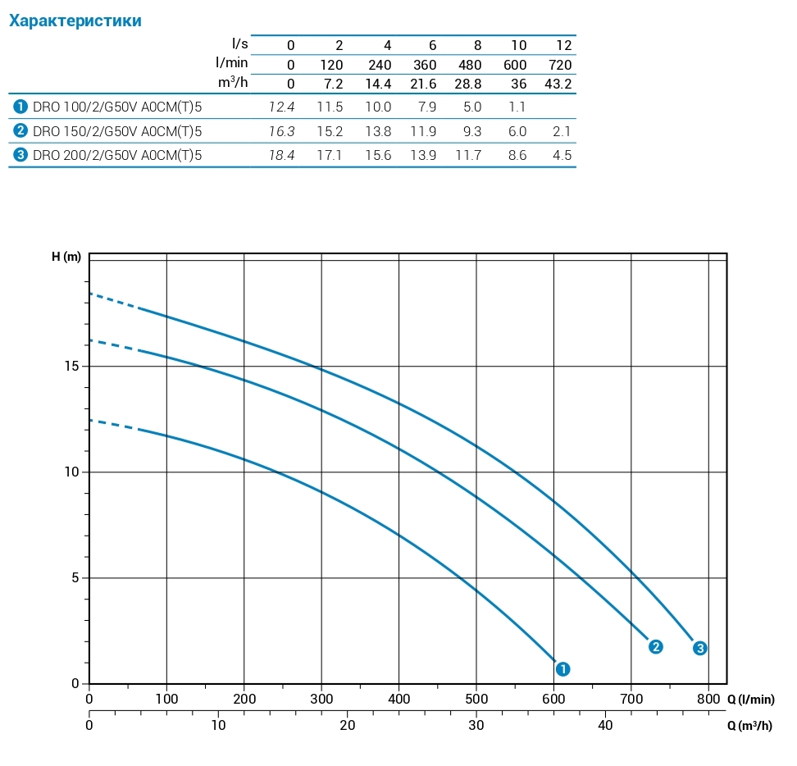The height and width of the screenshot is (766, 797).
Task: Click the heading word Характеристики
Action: [x=75, y=21]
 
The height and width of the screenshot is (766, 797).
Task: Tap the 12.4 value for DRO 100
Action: [x=281, y=107]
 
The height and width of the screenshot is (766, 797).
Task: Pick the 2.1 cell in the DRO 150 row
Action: [x=562, y=131]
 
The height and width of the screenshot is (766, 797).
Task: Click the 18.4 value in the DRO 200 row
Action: [x=281, y=155]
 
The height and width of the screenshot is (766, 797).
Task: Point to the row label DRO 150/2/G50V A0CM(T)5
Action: [x=117, y=131]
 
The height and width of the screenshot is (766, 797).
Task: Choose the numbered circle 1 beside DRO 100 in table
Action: [x=20, y=107]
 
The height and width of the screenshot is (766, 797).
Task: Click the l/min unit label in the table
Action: [x=231, y=63]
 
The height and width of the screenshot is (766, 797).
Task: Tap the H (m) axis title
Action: [x=66, y=257]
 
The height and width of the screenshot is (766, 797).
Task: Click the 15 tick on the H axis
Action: [x=73, y=366]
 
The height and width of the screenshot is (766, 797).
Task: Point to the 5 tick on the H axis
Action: [x=76, y=578]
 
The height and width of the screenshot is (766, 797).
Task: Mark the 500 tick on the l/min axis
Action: [x=476, y=700]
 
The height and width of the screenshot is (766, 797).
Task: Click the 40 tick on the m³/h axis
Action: [x=605, y=725]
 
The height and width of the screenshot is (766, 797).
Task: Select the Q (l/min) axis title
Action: [x=750, y=700]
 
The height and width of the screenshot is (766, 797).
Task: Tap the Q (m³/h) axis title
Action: [x=749, y=726]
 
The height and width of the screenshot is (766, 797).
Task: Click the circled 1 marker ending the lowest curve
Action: [x=562, y=669]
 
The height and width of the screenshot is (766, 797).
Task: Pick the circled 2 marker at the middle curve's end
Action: [x=655, y=646]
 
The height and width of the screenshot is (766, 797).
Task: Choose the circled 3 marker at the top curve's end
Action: [x=699, y=648]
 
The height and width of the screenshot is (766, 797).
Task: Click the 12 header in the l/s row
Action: [x=564, y=45]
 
